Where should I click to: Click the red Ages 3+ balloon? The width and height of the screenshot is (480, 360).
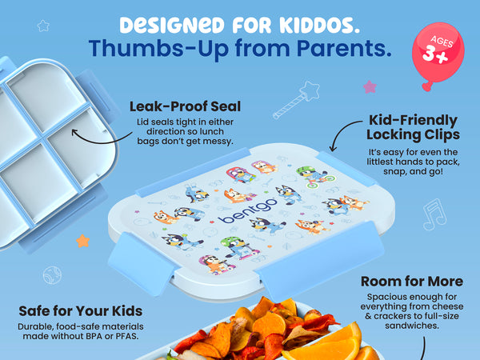pos(438,54)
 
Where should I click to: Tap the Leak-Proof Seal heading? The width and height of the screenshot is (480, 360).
pos(185,106)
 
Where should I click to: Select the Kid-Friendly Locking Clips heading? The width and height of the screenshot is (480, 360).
pos(413,127)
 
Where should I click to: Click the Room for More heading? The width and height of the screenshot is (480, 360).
pos(412,282)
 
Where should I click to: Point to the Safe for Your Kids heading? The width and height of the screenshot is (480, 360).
pos(81,311)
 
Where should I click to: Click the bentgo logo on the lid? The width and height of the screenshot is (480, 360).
pos(248,211)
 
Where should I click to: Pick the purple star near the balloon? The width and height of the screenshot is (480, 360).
pos(370,87)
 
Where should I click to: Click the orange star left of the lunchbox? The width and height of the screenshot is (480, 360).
pos(83,242)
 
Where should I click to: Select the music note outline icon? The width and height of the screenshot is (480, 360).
pos(434,214)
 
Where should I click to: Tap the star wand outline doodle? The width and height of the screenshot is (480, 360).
pos(296,100)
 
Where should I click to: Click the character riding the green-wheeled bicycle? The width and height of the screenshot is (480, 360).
pos(314,177)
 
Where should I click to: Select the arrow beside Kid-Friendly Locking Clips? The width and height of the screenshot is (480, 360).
pos(341,132)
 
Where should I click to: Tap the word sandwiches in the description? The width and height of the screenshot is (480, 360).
pos(412,326)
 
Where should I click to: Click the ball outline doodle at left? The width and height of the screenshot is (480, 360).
pos(52,275)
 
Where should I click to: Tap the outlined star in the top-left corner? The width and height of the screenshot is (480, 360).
pos(43,26)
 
